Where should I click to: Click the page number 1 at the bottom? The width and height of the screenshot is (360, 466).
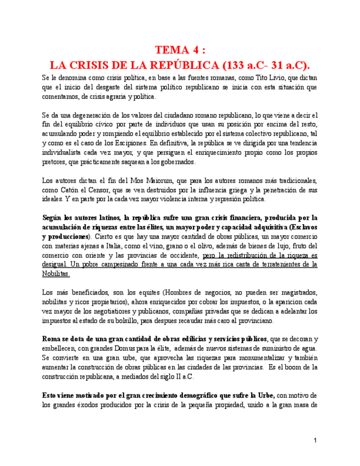point(315,440)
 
